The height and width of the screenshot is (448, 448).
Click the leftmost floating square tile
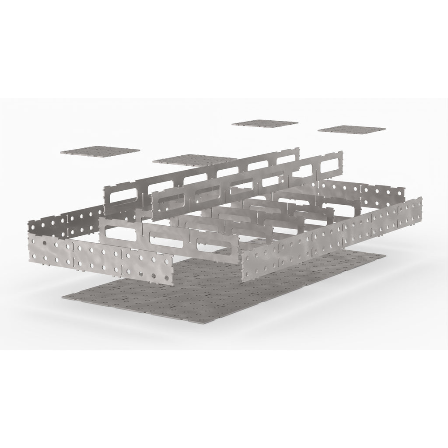click(x=100, y=151)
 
